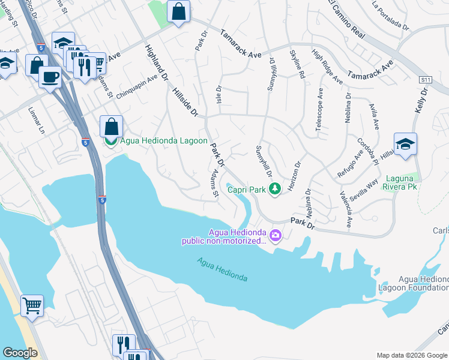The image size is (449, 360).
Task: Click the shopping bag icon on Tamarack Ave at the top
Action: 179,11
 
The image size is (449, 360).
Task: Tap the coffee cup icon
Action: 50,76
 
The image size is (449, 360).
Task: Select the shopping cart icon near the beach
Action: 32,305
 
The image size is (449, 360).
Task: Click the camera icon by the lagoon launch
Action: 276,234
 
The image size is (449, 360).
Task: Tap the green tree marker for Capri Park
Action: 275,189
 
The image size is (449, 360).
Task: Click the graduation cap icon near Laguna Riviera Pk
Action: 405,144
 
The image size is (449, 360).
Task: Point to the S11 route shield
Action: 426,79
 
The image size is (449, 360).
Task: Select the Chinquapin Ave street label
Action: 137,85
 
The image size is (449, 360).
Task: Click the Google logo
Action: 20,352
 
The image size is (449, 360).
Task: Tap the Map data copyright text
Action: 411,355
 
